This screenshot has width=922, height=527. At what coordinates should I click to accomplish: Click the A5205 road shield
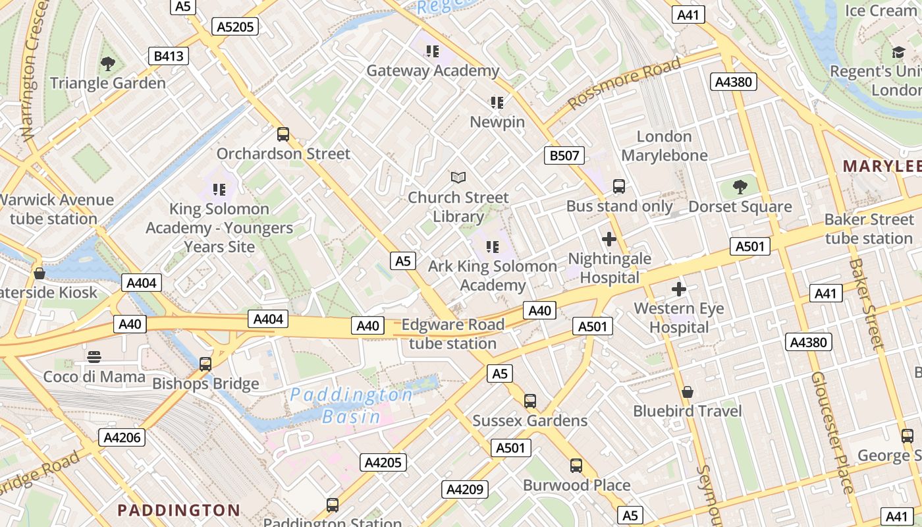(235, 26)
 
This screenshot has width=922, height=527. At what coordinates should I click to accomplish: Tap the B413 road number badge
(169, 56)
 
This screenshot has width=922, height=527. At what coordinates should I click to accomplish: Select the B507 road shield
(564, 155)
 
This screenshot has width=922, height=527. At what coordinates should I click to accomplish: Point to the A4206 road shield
(123, 437)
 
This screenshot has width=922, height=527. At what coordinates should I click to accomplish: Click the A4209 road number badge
(466, 489)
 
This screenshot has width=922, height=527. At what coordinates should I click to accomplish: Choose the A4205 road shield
(383, 462)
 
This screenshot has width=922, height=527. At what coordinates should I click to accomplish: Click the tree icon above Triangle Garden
(108, 64)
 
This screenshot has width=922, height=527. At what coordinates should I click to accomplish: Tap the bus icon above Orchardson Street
(283, 134)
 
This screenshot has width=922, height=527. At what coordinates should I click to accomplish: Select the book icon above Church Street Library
(458, 177)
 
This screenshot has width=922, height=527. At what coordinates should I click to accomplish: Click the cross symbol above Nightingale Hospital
(609, 239)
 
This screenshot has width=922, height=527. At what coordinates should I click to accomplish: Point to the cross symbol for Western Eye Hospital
(679, 289)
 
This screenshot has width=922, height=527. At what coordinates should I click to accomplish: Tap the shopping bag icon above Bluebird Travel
(688, 392)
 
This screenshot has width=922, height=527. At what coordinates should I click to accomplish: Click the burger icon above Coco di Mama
(94, 357)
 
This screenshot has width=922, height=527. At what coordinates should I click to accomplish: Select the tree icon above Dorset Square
(740, 187)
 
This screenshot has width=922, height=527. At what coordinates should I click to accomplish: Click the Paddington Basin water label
(352, 405)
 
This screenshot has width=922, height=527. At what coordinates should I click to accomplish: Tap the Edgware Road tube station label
(453, 334)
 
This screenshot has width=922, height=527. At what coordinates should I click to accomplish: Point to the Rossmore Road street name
(624, 84)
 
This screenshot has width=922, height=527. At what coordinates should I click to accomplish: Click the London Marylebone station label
(664, 146)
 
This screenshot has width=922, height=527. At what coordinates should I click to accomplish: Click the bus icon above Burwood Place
(576, 466)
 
